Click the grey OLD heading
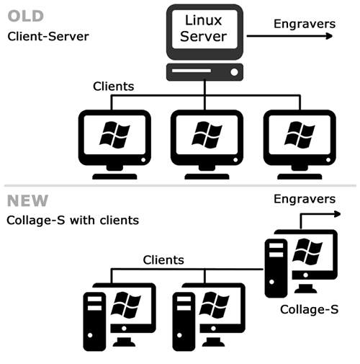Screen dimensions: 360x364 tap(26, 16)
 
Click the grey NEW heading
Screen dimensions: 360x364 tap(27, 200)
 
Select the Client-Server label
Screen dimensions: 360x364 tap(48, 37)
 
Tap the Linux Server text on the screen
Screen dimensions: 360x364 tap(204, 28)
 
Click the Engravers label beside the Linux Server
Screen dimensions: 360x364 tap(305, 24)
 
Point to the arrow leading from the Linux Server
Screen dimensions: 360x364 tap(289, 36)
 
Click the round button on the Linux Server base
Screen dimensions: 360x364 tap(234, 72)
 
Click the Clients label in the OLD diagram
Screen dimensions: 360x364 tap(113, 86)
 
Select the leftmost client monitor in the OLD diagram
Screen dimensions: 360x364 tap(114, 144)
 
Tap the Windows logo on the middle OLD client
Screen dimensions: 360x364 tap(207, 135)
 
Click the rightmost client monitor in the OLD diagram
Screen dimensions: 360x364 tap(300, 144)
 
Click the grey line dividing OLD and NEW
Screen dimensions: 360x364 tap(180, 185)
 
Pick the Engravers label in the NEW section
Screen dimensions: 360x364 tap(305, 199)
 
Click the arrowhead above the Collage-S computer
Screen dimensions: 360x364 tap(338, 214)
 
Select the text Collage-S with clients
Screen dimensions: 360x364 tap(73, 221)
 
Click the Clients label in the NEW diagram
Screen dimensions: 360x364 tap(163, 260)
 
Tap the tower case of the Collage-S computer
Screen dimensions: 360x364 tap(276, 268)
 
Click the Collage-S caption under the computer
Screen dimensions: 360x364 tap(309, 309)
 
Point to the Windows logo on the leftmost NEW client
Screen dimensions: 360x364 tap(125, 305)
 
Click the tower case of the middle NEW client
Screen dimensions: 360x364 tap(184, 321)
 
